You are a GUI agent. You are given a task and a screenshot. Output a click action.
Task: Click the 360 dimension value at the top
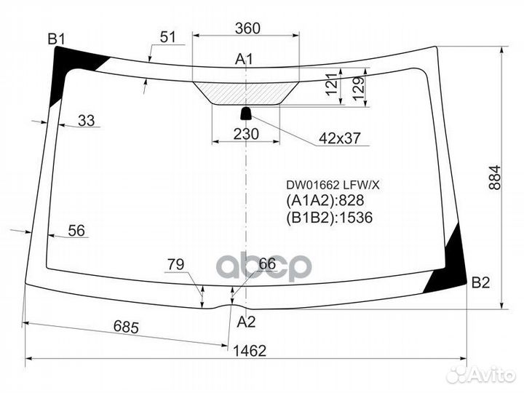247,28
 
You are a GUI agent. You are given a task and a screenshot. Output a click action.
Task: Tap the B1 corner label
56,39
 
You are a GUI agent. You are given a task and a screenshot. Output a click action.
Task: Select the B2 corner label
480,282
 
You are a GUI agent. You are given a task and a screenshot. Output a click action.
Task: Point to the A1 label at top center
244,59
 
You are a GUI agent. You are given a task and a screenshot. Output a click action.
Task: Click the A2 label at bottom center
246,322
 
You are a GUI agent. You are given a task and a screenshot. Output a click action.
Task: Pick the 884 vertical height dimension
495,177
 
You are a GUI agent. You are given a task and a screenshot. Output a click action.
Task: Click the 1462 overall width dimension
250,351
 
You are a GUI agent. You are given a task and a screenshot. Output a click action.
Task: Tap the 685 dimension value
126,327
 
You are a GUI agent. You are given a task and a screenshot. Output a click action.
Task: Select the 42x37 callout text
340,138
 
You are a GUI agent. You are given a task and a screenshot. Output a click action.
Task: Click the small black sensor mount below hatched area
246,114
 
